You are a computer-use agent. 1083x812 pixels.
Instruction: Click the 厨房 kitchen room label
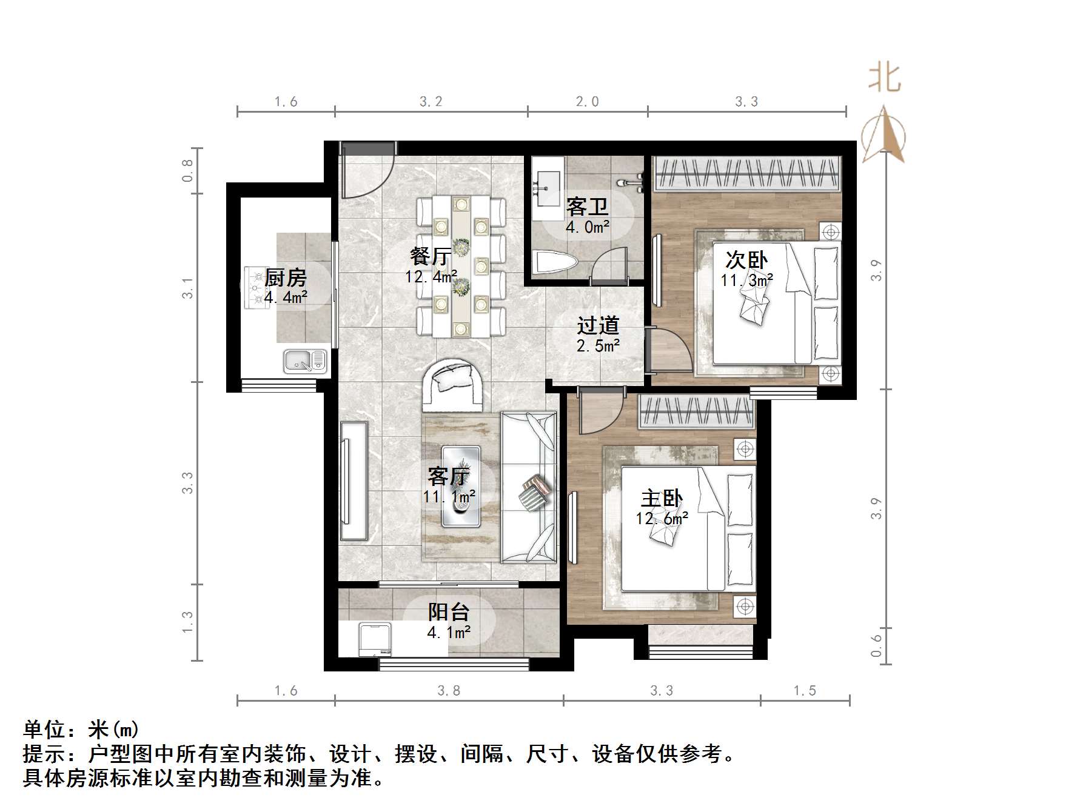pyautogui.click(x=286, y=278)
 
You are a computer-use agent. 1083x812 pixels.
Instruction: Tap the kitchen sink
pyautogui.click(x=305, y=361)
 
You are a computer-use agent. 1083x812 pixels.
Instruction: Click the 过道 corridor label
pyautogui.click(x=598, y=325)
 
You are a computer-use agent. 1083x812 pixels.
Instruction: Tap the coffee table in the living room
pyautogui.click(x=461, y=487)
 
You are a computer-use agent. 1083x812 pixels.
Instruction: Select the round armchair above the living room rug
pyautogui.click(x=454, y=385)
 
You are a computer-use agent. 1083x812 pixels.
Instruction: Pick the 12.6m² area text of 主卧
pyautogui.click(x=662, y=519)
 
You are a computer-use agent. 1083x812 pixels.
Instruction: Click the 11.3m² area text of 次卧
pyautogui.click(x=746, y=281)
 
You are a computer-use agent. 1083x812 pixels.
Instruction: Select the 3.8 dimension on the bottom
pyautogui.click(x=449, y=690)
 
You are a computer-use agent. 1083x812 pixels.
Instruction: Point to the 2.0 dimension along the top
pyautogui.click(x=587, y=102)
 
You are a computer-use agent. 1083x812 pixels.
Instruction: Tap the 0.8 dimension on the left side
pyautogui.click(x=187, y=170)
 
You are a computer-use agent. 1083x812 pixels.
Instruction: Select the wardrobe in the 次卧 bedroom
pyautogui.click(x=746, y=173)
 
